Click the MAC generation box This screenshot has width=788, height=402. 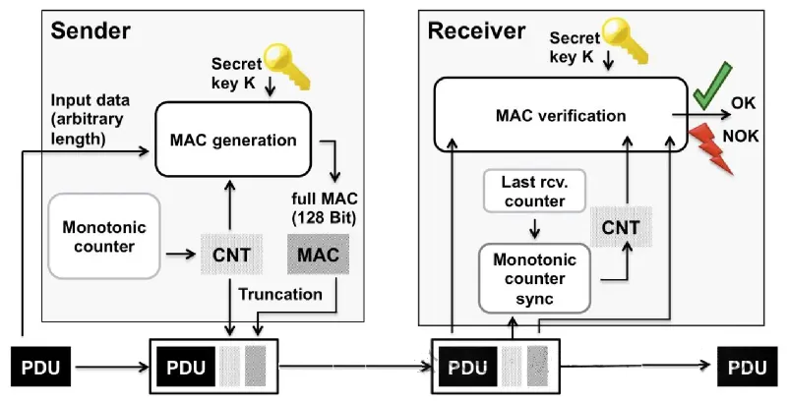pyautogui.click(x=233, y=140)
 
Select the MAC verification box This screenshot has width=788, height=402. pyautogui.click(x=561, y=114)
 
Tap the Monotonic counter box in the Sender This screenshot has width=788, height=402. pyautogui.click(x=104, y=236)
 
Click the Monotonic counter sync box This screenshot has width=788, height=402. pyautogui.click(x=534, y=278)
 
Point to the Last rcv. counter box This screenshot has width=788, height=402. pyautogui.click(x=534, y=192)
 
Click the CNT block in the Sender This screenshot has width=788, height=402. pyautogui.click(x=231, y=254)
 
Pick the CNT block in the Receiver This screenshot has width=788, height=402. pyautogui.click(x=621, y=227)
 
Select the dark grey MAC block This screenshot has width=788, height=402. pyautogui.click(x=318, y=254)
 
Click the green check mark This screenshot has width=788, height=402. pyautogui.click(x=712, y=86)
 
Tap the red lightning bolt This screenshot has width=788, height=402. pyautogui.click(x=711, y=149)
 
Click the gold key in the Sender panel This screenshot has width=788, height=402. pyautogui.click(x=287, y=66)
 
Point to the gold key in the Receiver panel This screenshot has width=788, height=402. pyautogui.click(x=625, y=41)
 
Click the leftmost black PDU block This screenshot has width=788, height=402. pyautogui.click(x=40, y=368)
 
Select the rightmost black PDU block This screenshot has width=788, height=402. pyautogui.click(x=747, y=368)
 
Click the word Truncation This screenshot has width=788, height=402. pyautogui.click(x=280, y=294)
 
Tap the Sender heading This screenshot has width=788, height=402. pyautogui.click(x=91, y=30)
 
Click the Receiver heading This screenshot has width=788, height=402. pyautogui.click(x=476, y=30)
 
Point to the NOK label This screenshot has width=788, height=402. pyautogui.click(x=740, y=136)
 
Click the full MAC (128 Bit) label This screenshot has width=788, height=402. pyautogui.click(x=325, y=208)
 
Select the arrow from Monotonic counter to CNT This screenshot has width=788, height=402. pyautogui.click(x=181, y=255)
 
